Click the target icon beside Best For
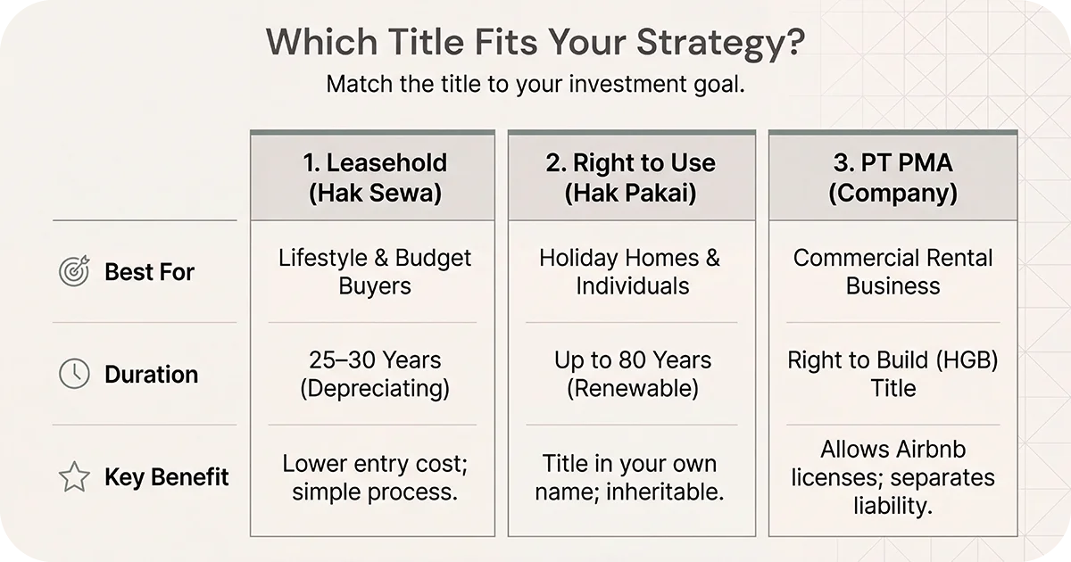pos(74,272)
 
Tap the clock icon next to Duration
pos(74,374)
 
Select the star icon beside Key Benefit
pos(74,477)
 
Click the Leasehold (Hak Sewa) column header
pos(374,178)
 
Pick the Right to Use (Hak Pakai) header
pos(631,178)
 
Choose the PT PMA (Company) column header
pos(892,178)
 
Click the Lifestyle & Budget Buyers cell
pos(374,272)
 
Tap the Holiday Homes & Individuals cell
pos(631,272)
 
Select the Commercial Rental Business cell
pos(892,272)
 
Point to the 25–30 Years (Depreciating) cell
pos(374,374)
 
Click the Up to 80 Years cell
pos(631,374)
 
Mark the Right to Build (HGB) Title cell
pos(892,374)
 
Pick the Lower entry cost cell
pos(374,477)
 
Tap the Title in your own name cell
pos(631,477)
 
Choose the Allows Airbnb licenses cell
pos(892,477)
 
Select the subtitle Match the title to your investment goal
pos(535,85)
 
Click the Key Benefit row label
pos(167,477)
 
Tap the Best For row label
pos(149,272)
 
